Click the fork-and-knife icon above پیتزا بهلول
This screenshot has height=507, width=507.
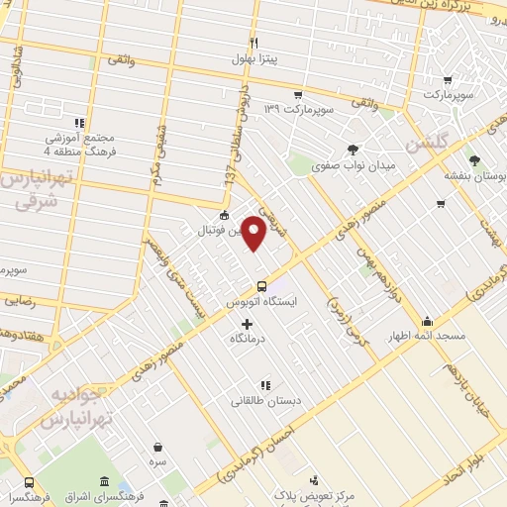(254, 44)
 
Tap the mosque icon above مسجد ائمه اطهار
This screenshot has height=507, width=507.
(427, 321)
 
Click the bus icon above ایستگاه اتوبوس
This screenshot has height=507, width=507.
(261, 285)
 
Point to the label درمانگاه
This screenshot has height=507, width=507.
(247, 339)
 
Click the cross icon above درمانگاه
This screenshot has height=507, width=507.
(247, 324)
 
